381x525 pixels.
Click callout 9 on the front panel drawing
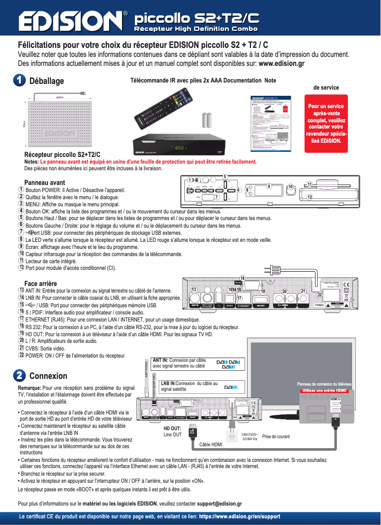click(269, 186)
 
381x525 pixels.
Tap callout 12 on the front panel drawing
click(309, 197)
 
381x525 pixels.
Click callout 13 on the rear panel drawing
click(194, 290)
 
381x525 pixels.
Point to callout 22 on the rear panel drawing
click(320, 295)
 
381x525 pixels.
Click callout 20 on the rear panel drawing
click(285, 290)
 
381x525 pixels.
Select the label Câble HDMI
click(211, 444)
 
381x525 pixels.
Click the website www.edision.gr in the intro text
click(281, 63)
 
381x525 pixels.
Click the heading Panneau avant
click(45, 182)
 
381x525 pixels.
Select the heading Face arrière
click(40, 284)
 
